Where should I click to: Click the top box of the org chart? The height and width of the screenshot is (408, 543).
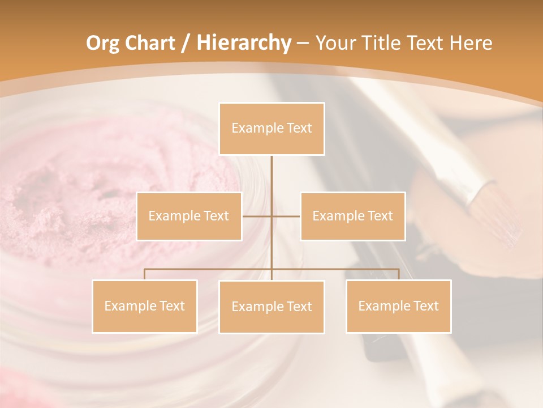[271, 129]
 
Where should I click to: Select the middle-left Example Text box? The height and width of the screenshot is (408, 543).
[189, 216]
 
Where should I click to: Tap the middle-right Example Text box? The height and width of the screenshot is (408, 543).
[352, 216]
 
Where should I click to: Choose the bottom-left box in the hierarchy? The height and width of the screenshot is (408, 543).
[144, 306]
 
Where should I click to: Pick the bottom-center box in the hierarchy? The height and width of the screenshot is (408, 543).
[271, 307]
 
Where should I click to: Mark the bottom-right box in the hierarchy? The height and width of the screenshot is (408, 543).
[398, 306]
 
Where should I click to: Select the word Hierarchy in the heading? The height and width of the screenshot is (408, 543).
[243, 43]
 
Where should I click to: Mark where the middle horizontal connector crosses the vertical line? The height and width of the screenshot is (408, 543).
[271, 216]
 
